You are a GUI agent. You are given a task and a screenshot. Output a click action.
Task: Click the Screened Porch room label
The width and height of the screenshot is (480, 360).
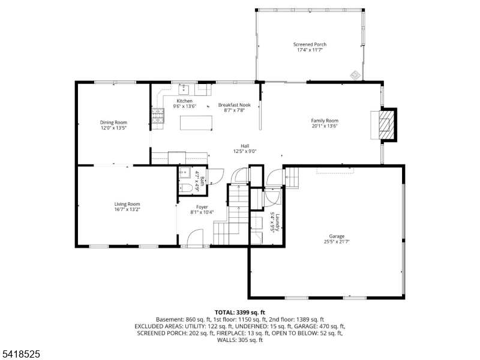310,44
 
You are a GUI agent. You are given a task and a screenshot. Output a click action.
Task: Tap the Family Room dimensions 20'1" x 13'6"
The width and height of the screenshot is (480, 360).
325,126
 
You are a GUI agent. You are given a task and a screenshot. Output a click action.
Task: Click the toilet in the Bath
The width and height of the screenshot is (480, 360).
187,188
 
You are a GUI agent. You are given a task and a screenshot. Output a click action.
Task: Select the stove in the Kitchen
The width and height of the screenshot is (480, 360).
158,116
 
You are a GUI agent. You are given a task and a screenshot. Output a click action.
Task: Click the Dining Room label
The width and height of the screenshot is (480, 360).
113,122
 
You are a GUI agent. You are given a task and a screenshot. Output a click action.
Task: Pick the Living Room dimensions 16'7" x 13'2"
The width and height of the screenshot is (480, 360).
127,210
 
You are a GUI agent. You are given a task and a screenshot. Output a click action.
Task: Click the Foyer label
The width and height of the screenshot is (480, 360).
202,206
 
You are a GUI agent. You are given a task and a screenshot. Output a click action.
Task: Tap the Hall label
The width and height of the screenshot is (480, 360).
245,145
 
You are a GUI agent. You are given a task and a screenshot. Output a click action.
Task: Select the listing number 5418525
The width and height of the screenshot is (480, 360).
20,355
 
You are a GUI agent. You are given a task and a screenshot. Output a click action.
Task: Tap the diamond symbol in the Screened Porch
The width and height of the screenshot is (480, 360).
355,75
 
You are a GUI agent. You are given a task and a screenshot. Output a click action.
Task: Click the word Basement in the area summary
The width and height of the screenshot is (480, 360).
169,320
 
